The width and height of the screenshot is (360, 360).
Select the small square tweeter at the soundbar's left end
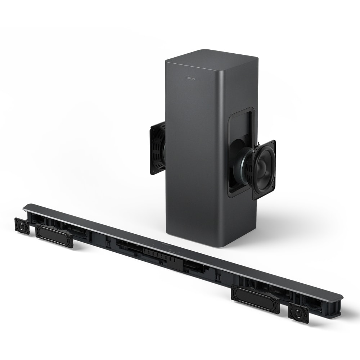[22, 225]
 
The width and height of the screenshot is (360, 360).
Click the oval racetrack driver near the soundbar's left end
[54, 235]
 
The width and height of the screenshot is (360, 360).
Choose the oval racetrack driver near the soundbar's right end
[255, 299]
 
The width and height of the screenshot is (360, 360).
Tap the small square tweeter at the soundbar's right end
[298, 312]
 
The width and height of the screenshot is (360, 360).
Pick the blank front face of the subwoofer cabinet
[191, 162]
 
